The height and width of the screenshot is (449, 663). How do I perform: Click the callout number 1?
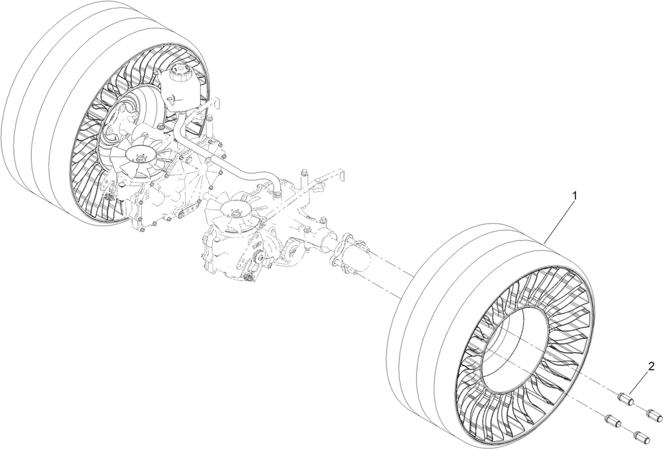(x=574, y=196)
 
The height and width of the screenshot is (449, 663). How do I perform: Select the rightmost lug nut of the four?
(x=654, y=415)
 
